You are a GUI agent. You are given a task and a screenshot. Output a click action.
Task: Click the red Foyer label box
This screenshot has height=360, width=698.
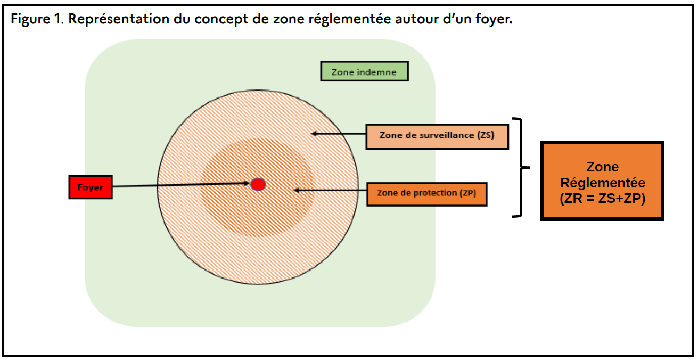click(x=91, y=187)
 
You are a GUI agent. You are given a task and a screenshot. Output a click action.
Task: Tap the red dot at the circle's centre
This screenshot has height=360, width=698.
click(x=258, y=184)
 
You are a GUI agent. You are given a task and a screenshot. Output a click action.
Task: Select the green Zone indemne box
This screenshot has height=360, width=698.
click(x=364, y=71)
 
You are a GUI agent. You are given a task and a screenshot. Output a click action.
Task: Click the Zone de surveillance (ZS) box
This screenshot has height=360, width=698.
click(x=437, y=136)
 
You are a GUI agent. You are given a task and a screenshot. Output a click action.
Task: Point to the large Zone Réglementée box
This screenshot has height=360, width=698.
click(x=603, y=181)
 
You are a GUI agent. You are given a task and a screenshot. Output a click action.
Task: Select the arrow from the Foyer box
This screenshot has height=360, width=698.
click(x=181, y=185)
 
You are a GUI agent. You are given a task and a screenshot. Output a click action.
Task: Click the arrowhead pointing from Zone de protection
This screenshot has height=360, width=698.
click(x=297, y=190)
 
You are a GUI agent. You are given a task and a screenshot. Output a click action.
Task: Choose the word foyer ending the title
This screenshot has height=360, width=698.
click(x=495, y=20)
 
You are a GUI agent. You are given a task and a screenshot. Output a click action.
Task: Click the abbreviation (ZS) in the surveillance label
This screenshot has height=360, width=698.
click(x=484, y=135)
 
